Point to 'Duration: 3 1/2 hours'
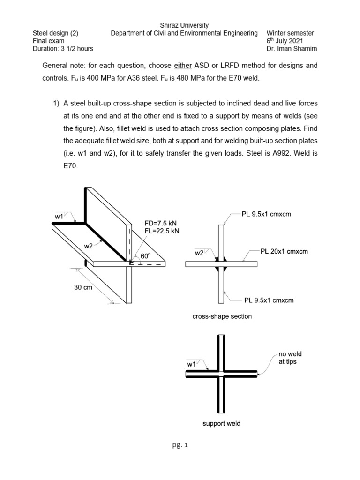[62, 49]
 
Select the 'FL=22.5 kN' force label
[162, 231]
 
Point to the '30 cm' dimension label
[83, 288]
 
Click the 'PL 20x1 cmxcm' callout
[284, 251]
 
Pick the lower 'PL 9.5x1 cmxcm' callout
[269, 300]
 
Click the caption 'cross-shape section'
[222, 316]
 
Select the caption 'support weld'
[221, 424]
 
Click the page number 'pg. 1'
[180, 446]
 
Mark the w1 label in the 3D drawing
[59, 217]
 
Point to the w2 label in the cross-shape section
[199, 253]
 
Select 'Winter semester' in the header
[290, 33]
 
